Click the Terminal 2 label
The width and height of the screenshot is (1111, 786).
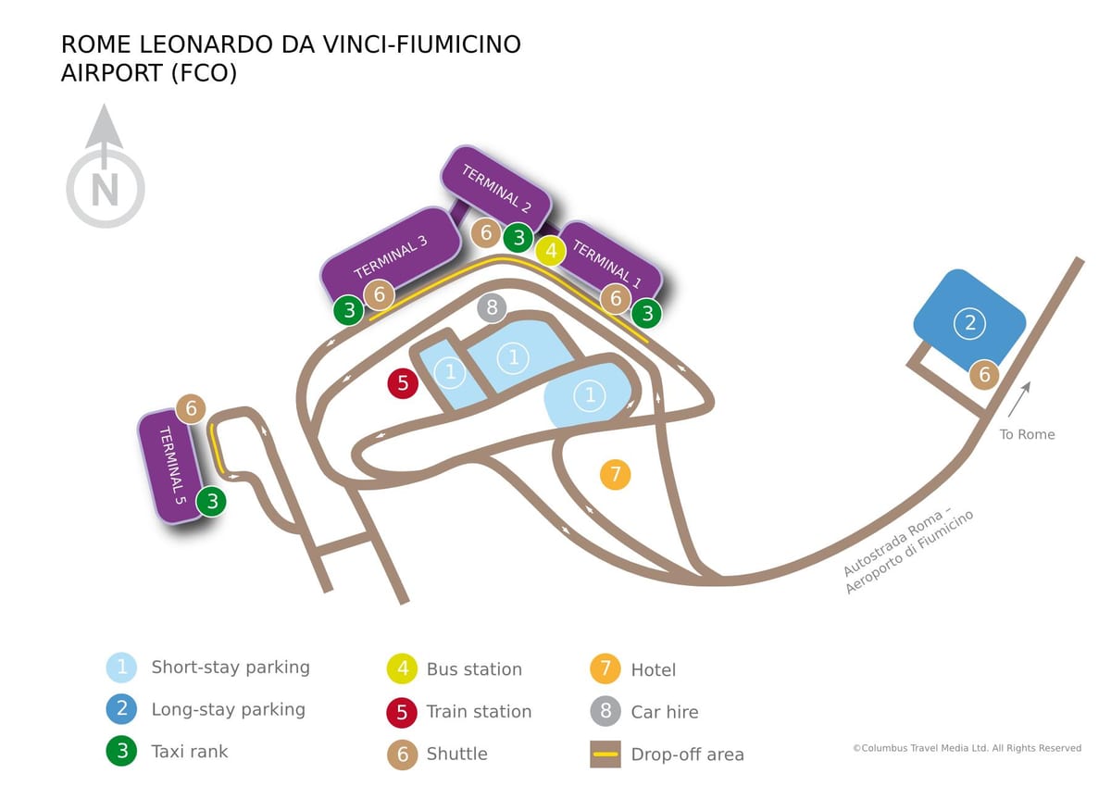(496, 189)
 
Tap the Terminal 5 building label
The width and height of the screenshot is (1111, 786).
(172, 465)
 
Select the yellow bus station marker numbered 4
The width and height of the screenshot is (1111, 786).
(551, 251)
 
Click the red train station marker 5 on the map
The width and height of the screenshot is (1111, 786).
(403, 383)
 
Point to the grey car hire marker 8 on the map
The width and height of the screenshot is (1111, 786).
(492, 307)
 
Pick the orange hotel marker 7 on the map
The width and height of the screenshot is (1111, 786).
(615, 475)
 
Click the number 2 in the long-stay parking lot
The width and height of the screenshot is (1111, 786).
(969, 323)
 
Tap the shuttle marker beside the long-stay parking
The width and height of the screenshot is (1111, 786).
(984, 374)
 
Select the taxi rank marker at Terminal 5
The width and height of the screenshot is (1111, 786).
(212, 502)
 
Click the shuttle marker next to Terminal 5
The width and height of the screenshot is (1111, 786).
(191, 408)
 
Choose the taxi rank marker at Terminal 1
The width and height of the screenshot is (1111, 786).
(647, 314)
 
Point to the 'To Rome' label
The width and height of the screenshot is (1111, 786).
(1027, 434)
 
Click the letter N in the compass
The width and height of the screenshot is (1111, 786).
(106, 191)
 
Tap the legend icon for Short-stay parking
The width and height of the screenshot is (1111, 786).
(121, 667)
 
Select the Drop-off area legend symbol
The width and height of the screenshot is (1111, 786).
(605, 755)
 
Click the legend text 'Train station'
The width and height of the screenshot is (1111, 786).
(480, 712)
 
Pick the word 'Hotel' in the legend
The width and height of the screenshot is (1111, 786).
(654, 670)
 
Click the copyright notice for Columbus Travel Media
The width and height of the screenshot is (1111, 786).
(967, 748)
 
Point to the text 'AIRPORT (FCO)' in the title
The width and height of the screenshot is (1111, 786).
(149, 73)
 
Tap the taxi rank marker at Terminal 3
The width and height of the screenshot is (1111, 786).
(349, 310)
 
